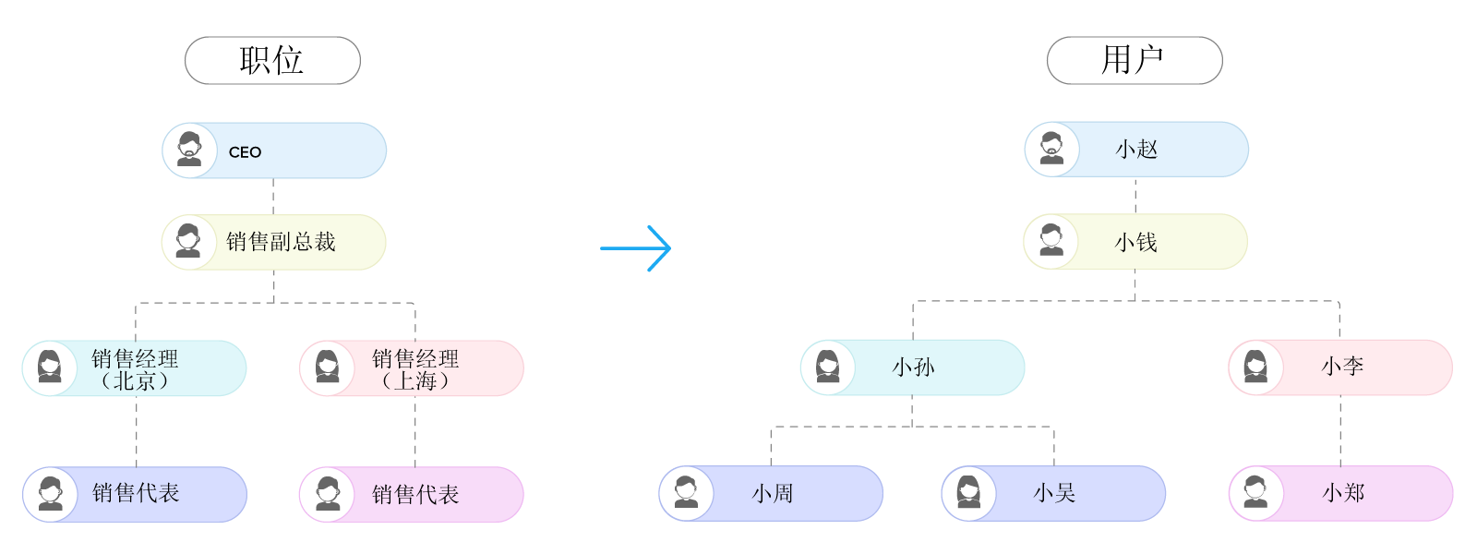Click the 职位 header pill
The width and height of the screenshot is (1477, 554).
pyautogui.click(x=272, y=61)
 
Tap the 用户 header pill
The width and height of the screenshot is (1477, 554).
pyautogui.click(x=1134, y=61)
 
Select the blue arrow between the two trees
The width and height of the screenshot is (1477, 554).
pyautogui.click(x=636, y=247)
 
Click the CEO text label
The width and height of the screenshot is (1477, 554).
pyautogui.click(x=245, y=152)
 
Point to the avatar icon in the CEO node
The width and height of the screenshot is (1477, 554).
pyautogui.click(x=189, y=150)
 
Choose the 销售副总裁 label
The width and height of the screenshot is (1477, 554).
pyautogui.click(x=281, y=242)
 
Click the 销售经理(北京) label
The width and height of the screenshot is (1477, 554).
pyautogui.click(x=135, y=369)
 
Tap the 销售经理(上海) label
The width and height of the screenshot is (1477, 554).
pyautogui.click(x=415, y=369)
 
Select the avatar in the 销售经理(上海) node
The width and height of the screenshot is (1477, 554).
pyautogui.click(x=327, y=367)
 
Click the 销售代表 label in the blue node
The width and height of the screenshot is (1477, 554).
pyautogui.click(x=136, y=494)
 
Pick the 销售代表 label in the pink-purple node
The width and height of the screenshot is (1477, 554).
pyautogui.click(x=415, y=495)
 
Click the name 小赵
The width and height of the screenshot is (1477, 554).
pyautogui.click(x=1136, y=150)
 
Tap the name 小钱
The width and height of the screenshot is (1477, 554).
pyautogui.click(x=1135, y=243)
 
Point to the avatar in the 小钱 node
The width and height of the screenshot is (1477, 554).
pyautogui.click(x=1051, y=241)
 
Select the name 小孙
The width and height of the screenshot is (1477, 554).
pyautogui.click(x=913, y=367)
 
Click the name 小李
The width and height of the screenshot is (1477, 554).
pyautogui.click(x=1342, y=367)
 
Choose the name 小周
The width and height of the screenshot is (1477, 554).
pyautogui.click(x=772, y=494)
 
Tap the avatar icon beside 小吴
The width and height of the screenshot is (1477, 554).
pyautogui.click(x=968, y=493)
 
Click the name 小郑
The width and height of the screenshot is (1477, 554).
pyautogui.click(x=1343, y=493)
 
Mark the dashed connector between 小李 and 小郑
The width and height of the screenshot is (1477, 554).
pyautogui.click(x=1340, y=430)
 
